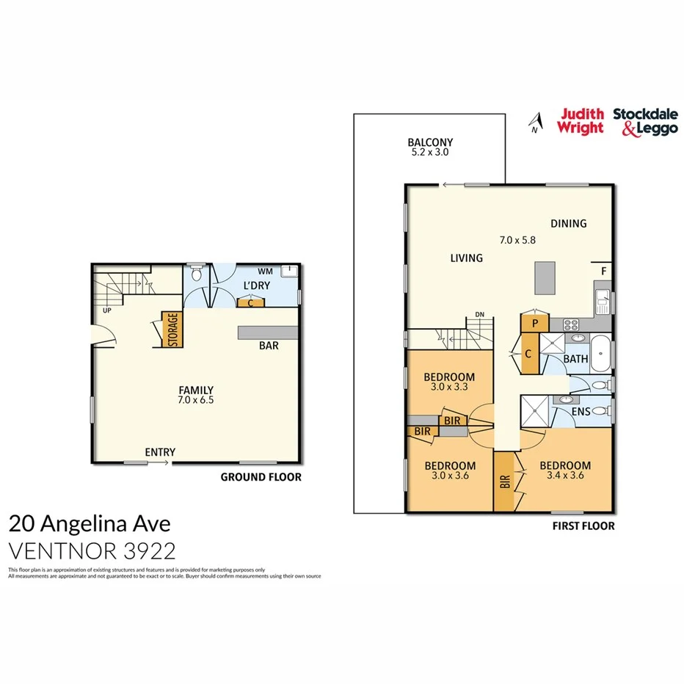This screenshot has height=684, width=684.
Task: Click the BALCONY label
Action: tap(430, 142)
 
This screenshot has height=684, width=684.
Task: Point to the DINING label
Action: tap(568, 224)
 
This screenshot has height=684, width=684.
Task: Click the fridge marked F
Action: tap(603, 271)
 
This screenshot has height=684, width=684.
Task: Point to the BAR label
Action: tap(268, 346)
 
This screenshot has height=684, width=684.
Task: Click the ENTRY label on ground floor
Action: tap(160, 452)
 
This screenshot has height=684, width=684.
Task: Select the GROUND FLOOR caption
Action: tap(261, 477)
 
